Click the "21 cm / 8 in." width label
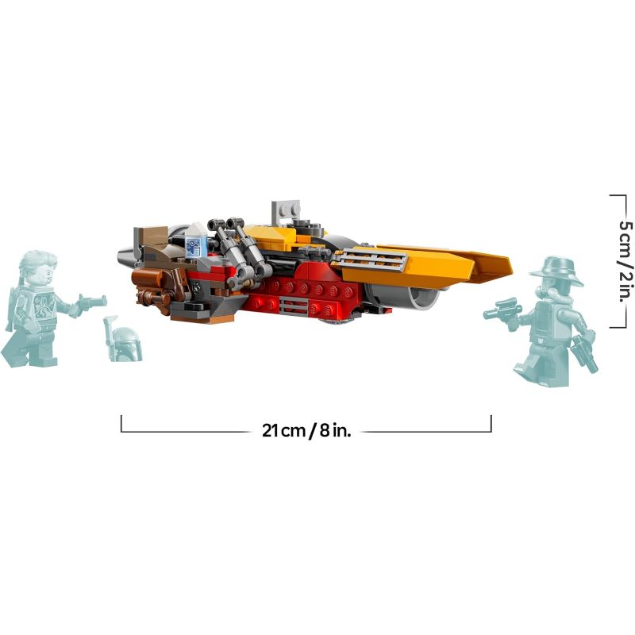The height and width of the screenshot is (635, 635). [x=306, y=430]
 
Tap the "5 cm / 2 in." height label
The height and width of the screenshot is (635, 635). [x=625, y=261]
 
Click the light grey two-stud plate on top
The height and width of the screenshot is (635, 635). [x=287, y=210]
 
